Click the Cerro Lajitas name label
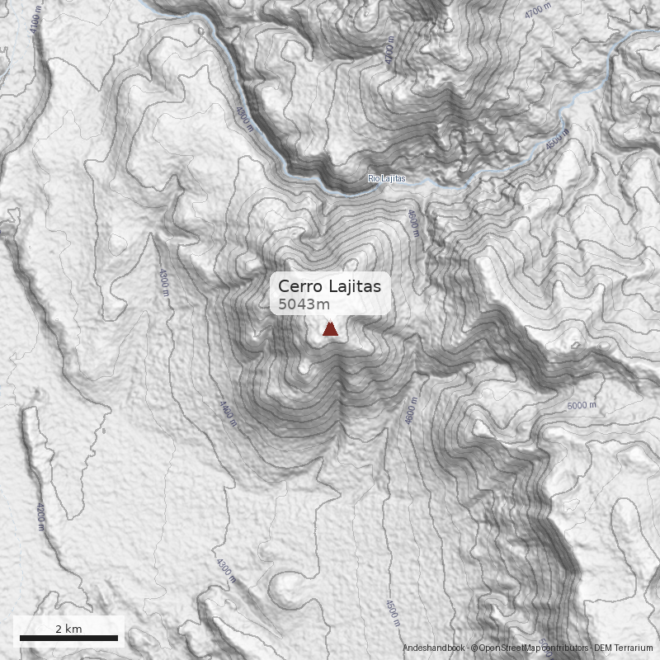click(x=329, y=286)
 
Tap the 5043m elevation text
click(x=304, y=304)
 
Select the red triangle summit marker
click(x=330, y=330)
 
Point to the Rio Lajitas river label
click(x=387, y=179)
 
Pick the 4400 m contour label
click(x=227, y=415)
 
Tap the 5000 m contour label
click(x=582, y=405)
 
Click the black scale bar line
click(x=68, y=638)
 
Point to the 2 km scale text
click(x=68, y=629)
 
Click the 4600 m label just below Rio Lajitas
click(x=412, y=223)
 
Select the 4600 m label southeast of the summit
click(x=410, y=410)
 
